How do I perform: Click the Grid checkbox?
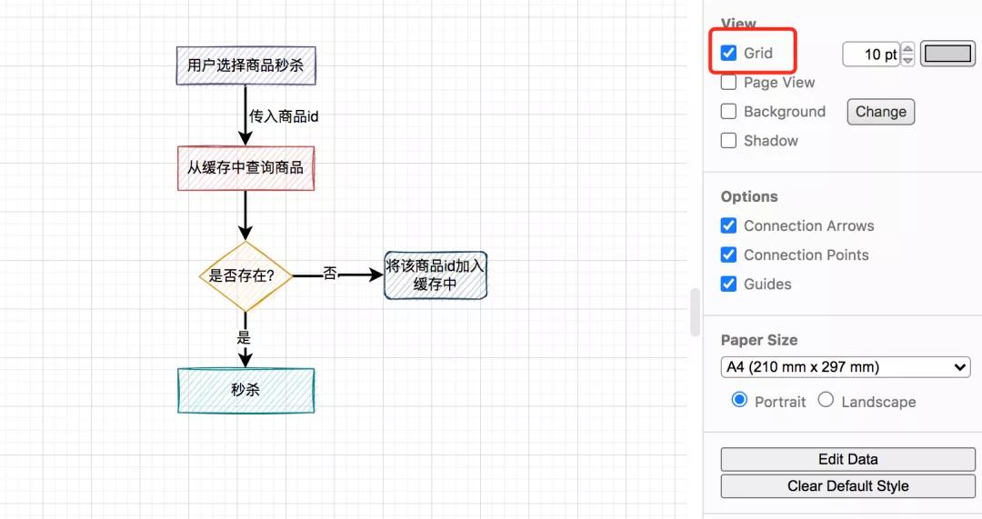click(x=728, y=53)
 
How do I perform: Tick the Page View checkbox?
click(x=728, y=83)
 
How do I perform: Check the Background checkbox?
click(x=728, y=112)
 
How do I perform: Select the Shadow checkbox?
click(x=728, y=141)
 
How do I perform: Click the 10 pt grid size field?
click(x=870, y=55)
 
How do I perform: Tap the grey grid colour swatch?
click(x=947, y=54)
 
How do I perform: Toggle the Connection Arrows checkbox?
click(x=728, y=225)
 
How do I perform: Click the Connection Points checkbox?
click(x=728, y=255)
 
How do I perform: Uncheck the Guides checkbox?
click(x=728, y=284)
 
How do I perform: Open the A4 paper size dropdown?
click(x=846, y=367)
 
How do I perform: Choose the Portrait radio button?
click(x=739, y=400)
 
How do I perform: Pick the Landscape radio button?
click(x=826, y=400)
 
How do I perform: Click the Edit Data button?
click(x=847, y=459)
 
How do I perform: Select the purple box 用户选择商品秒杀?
click(x=245, y=65)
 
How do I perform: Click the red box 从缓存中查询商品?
click(x=245, y=168)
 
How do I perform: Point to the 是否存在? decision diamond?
click(x=245, y=275)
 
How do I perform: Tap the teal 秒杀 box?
click(x=245, y=390)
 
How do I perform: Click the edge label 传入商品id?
click(x=284, y=116)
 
